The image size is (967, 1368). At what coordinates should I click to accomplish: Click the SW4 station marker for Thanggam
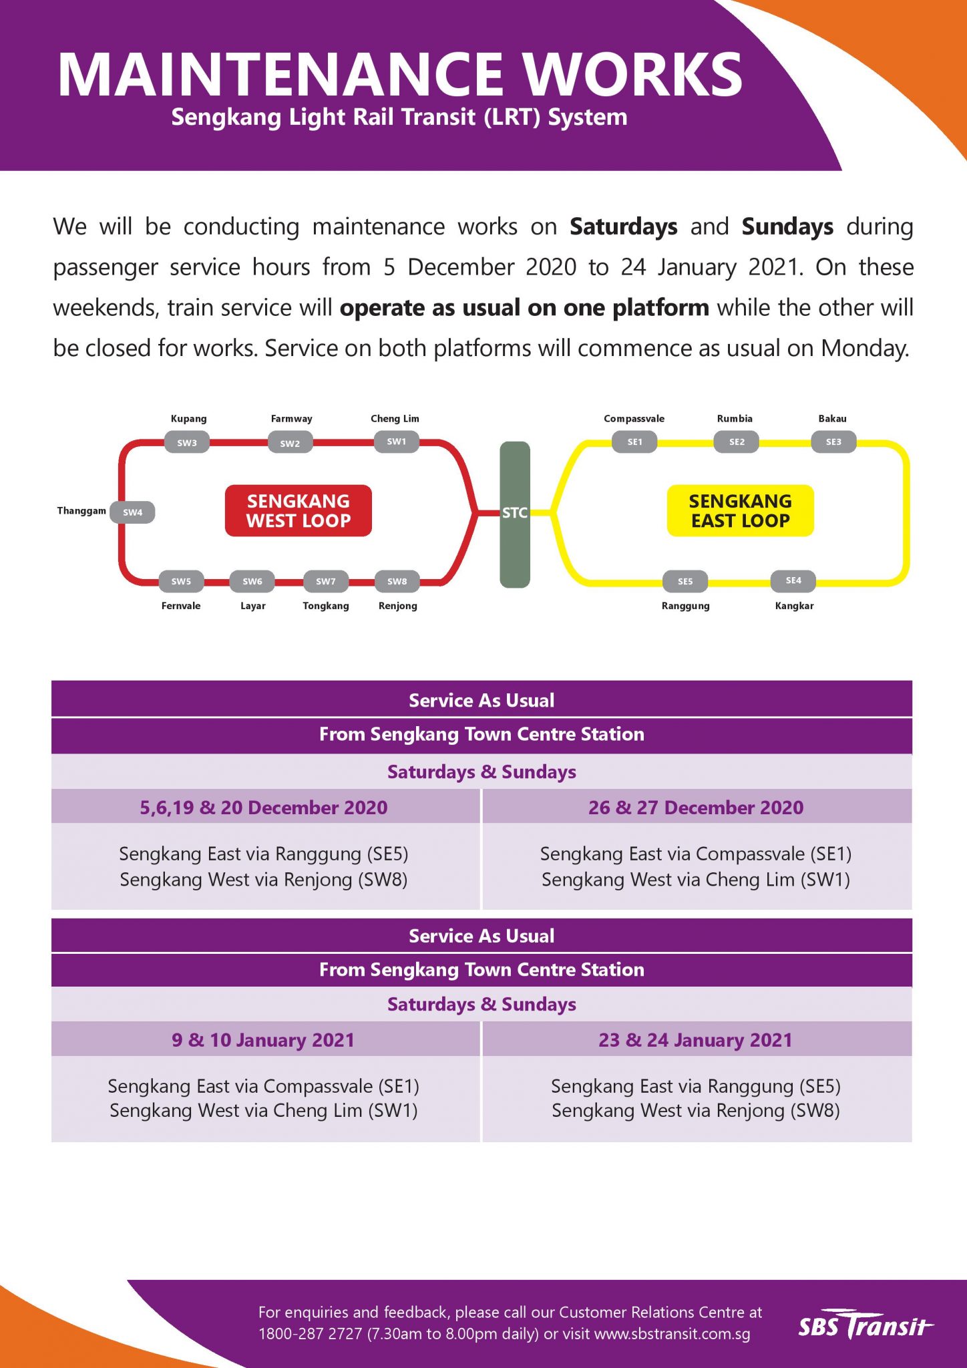[x=132, y=512]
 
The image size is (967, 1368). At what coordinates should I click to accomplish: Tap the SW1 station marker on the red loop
[x=396, y=442]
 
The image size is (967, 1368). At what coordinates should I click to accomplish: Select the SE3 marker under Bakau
[x=833, y=442]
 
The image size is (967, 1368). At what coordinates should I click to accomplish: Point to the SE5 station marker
[x=685, y=581]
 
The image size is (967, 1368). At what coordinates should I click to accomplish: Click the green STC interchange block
[x=515, y=514]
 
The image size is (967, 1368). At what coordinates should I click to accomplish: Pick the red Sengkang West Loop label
[x=298, y=511]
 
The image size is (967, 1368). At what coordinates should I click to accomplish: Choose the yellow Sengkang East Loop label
[x=740, y=511]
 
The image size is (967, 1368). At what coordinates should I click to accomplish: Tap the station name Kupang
[x=188, y=419]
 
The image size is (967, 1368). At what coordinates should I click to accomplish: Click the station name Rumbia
[x=735, y=419]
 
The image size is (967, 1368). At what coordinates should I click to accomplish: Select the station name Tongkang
[x=326, y=606]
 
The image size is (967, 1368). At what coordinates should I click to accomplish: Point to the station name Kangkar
[x=794, y=606]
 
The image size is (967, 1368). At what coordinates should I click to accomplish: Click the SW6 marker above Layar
[x=252, y=581]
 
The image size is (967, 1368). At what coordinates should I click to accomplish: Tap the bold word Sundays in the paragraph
[x=787, y=227]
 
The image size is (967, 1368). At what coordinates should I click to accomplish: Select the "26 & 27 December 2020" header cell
[x=696, y=808]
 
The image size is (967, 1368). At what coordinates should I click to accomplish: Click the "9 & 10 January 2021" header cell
[x=263, y=1040]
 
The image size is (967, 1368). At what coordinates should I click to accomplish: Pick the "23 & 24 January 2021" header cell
[x=696, y=1040]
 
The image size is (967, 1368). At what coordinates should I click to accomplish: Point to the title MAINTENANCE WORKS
[x=400, y=74]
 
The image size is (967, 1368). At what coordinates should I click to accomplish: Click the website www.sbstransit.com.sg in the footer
[x=672, y=1334]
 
